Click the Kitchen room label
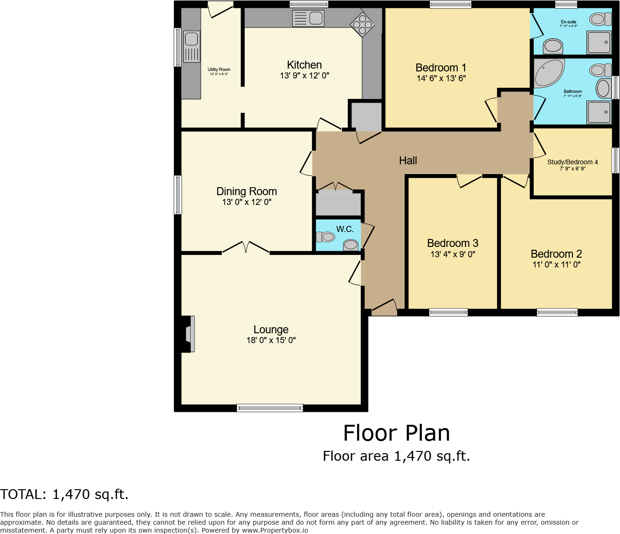tap(304, 65)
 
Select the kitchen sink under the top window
tap(308, 18)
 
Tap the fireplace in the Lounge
tap(188, 334)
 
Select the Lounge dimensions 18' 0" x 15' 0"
tap(271, 340)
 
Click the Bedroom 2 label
tap(556, 254)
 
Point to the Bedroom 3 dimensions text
tap(453, 254)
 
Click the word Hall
tap(408, 161)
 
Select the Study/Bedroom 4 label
tap(572, 162)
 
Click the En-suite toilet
tap(600, 19)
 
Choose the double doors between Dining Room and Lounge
tap(246, 247)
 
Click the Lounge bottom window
tap(270, 408)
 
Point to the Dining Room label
tap(247, 191)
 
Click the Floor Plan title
tap(396, 433)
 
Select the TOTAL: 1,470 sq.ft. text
tap(64, 494)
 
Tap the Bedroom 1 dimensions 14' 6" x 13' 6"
tap(441, 78)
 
